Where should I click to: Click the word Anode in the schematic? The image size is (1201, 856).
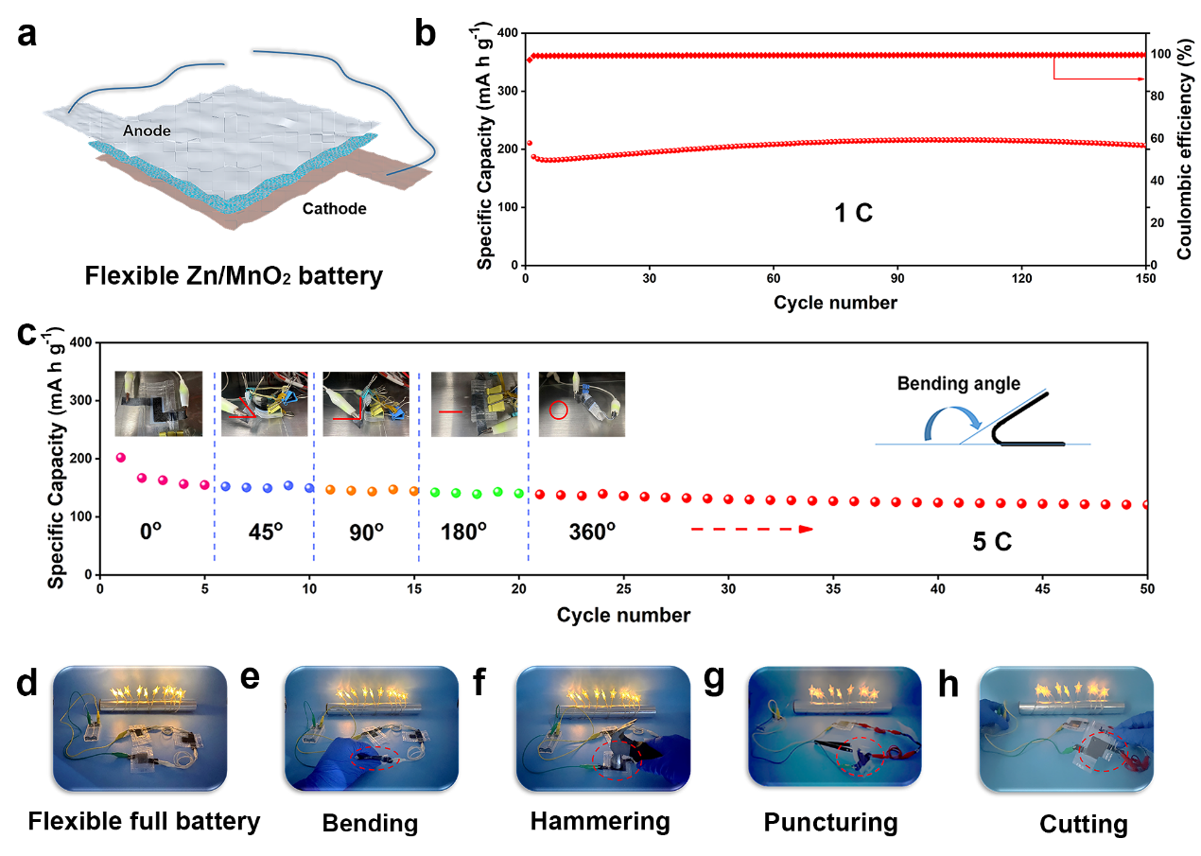click(x=147, y=131)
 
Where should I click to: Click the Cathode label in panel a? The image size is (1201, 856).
click(x=335, y=208)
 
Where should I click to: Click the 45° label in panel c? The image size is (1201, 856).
click(x=266, y=531)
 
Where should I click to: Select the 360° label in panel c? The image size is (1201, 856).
click(x=592, y=531)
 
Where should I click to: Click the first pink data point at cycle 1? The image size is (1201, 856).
click(x=120, y=458)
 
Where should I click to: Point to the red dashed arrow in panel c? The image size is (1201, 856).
click(x=752, y=530)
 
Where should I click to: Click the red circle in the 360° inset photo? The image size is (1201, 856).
click(x=558, y=411)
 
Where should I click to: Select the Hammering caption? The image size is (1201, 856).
click(x=600, y=821)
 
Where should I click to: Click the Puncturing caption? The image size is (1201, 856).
click(x=830, y=823)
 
